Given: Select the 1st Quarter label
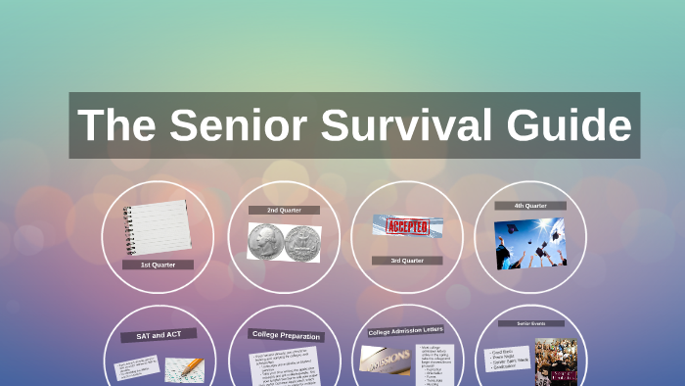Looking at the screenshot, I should [x=158, y=265].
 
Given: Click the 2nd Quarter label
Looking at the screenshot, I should [x=284, y=210].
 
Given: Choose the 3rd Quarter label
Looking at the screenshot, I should [x=407, y=261].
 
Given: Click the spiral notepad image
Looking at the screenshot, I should [x=157, y=226].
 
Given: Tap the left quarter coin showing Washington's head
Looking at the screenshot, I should [x=265, y=241].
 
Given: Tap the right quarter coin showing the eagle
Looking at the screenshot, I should [x=302, y=241].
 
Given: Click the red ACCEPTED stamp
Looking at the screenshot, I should [x=406, y=225].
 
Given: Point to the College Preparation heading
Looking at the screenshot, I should [x=285, y=335].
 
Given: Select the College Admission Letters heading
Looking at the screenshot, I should [x=407, y=331].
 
